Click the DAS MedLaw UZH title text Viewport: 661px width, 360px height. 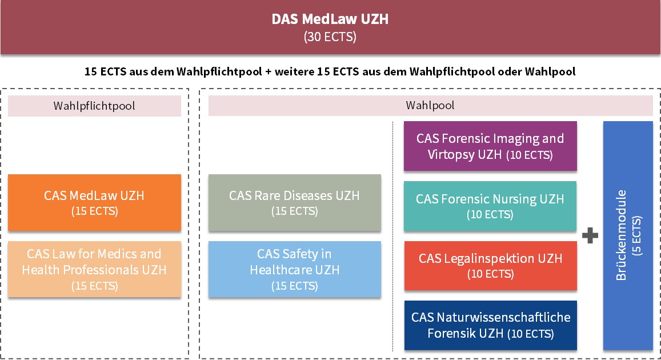click(x=330, y=19)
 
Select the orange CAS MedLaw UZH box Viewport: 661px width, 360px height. click(x=94, y=203)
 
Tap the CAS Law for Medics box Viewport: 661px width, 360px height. click(x=94, y=269)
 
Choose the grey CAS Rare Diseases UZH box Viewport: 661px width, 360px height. click(x=295, y=203)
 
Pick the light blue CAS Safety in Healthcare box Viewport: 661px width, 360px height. click(x=295, y=269)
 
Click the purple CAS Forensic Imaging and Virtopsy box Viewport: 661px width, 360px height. click(x=490, y=146)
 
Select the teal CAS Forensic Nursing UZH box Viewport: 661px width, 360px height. click(x=490, y=206)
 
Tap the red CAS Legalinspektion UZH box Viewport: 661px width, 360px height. click(x=490, y=266)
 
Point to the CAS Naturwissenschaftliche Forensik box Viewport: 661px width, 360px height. click(x=490, y=326)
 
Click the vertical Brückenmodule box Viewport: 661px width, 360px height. click(x=628, y=235)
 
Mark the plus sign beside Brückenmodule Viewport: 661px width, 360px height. click(x=590, y=235)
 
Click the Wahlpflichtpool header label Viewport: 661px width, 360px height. click(x=94, y=106)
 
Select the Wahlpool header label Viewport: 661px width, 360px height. click(x=430, y=105)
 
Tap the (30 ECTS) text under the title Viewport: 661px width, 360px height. click(x=330, y=37)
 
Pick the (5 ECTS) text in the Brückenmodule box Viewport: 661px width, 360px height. click(x=637, y=235)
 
